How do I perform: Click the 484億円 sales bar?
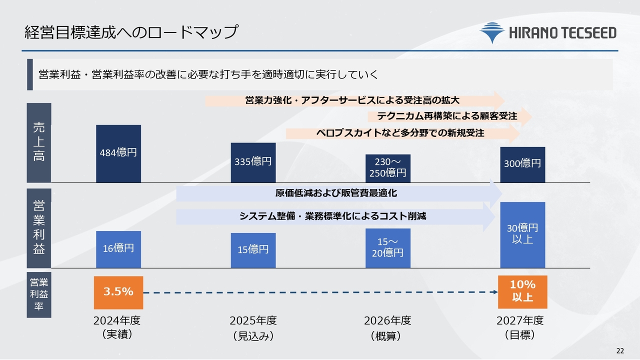pyautogui.click(x=118, y=153)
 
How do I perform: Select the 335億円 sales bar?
pyautogui.click(x=253, y=162)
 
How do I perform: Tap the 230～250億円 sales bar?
pyautogui.click(x=387, y=168)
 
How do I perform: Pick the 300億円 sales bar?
pyautogui.click(x=522, y=164)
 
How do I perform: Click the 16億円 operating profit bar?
pyautogui.click(x=118, y=249)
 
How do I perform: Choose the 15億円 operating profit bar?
pyautogui.click(x=253, y=250)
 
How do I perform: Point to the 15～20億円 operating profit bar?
pyautogui.click(x=387, y=248)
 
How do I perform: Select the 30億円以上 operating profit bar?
pyautogui.click(x=522, y=234)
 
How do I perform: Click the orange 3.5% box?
pyautogui.click(x=118, y=292)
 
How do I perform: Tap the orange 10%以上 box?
pyautogui.click(x=522, y=292)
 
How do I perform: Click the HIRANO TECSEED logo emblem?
pyautogui.click(x=492, y=32)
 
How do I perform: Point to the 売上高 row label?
pyautogui.click(x=39, y=142)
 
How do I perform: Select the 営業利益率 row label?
pyautogui.click(x=39, y=294)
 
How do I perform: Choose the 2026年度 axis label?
pyautogui.click(x=387, y=320)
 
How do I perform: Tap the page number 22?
pyautogui.click(x=620, y=350)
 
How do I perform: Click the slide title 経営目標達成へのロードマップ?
pyautogui.click(x=131, y=32)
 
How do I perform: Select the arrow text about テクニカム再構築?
pyautogui.click(x=447, y=116)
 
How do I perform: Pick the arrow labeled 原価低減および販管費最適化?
pyautogui.click(x=336, y=193)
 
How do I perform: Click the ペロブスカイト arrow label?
pyautogui.click(x=400, y=133)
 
